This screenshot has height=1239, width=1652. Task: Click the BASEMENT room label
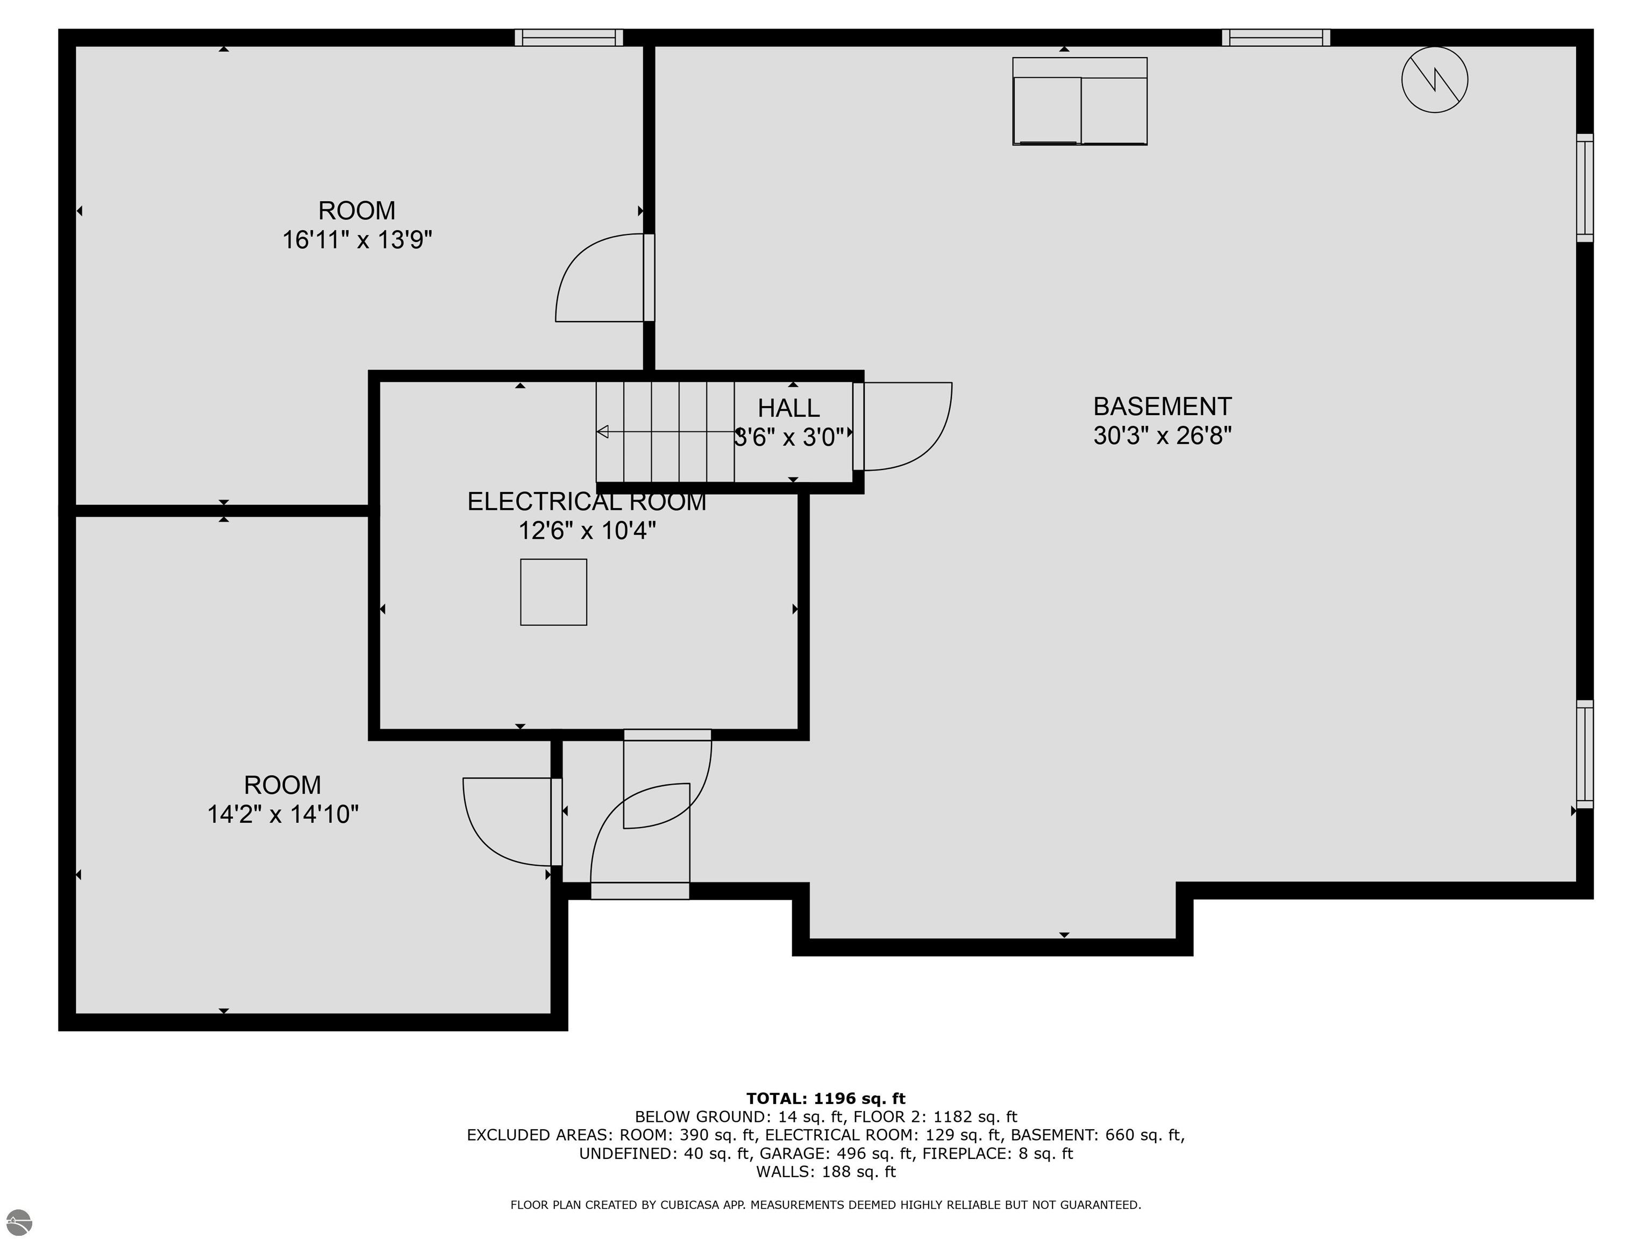1162,407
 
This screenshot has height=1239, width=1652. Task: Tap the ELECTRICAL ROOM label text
587,501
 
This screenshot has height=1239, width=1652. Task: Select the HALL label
789,408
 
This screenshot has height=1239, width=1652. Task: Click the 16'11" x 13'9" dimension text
357,240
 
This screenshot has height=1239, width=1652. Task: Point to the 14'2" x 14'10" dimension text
282,814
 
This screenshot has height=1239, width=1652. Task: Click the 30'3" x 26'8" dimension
1162,436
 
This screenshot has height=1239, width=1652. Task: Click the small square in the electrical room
553,592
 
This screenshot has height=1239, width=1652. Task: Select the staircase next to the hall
665,432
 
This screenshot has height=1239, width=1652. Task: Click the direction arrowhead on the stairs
602,432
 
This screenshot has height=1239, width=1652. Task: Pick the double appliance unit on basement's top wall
1080,101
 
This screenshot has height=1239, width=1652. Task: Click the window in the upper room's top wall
568,37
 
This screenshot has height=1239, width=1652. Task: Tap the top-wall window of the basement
1276,37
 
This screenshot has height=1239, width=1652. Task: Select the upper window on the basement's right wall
1585,188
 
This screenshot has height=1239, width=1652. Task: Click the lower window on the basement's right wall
1585,754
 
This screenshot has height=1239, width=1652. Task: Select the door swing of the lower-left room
478,836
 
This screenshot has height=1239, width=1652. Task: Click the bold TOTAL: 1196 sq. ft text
825,1099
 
